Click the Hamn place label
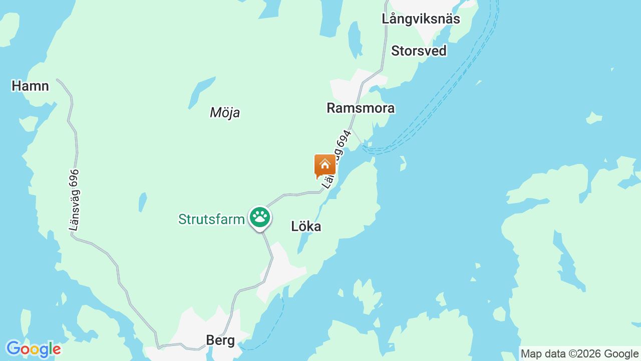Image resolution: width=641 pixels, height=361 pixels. pyautogui.click(x=30, y=86)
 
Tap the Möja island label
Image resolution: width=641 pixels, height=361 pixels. pyautogui.click(x=225, y=113)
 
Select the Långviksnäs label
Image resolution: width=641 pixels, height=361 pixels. pyautogui.click(x=421, y=19)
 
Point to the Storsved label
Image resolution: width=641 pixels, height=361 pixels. pyautogui.click(x=419, y=51)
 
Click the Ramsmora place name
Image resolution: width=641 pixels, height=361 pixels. pyautogui.click(x=361, y=108)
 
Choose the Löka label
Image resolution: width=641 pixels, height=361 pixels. pyautogui.click(x=306, y=227)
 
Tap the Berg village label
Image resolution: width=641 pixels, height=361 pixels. pyautogui.click(x=220, y=341)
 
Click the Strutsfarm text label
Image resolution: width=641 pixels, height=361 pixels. pyautogui.click(x=211, y=219)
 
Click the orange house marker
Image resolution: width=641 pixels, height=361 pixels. pyautogui.click(x=325, y=164)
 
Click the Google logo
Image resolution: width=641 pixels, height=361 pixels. pyautogui.click(x=33, y=349)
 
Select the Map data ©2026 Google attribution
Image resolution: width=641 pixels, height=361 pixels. pyautogui.click(x=579, y=353)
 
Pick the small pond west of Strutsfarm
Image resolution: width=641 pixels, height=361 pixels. pyautogui.click(x=143, y=202)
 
